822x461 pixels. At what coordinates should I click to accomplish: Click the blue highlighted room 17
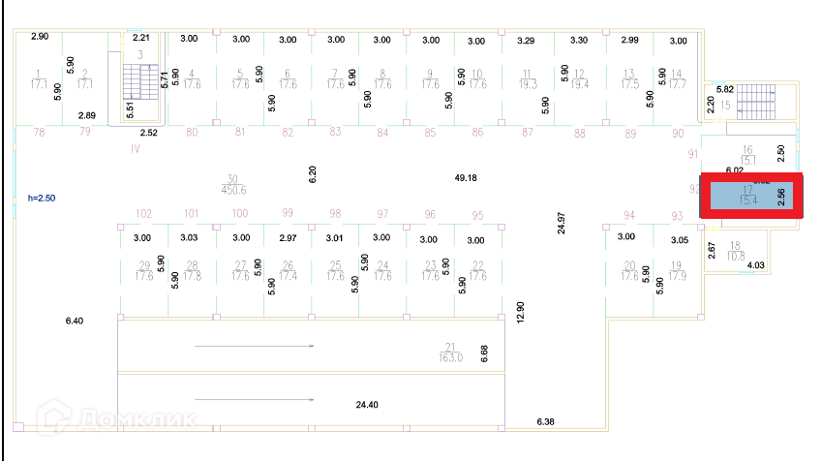tap(751, 197)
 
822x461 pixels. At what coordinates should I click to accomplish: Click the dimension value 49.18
tap(466, 178)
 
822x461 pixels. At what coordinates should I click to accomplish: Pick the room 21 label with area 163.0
tap(450, 352)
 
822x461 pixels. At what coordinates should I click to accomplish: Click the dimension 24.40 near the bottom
tap(368, 404)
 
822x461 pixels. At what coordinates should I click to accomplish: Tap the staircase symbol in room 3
tap(137, 81)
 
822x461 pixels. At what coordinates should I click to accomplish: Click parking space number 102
tap(144, 214)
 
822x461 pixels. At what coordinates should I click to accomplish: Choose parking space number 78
tap(40, 132)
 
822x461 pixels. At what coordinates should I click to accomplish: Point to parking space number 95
tap(476, 215)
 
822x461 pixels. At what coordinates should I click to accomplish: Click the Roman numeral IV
tap(136, 150)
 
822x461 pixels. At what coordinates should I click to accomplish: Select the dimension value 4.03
tap(756, 264)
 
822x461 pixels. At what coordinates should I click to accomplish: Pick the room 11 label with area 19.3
tap(528, 78)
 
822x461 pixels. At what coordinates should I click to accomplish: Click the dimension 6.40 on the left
tap(75, 320)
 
